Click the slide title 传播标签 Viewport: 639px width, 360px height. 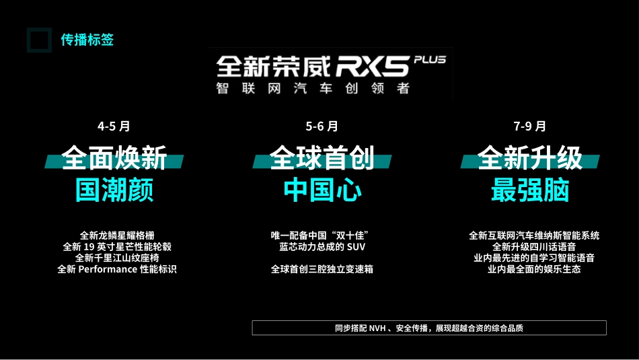[x=87, y=40]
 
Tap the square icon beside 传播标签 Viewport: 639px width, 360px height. [x=39, y=40]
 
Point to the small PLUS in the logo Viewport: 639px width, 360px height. [x=430, y=60]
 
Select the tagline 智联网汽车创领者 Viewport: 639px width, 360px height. [x=313, y=88]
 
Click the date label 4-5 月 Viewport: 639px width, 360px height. [x=114, y=126]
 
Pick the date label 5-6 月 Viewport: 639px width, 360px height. [x=322, y=126]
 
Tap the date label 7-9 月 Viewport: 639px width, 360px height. [x=529, y=126]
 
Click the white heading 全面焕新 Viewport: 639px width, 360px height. [x=114, y=159]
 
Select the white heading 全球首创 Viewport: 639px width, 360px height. [x=322, y=159]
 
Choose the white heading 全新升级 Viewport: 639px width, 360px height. [x=529, y=159]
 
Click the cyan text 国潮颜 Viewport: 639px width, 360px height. [x=114, y=190]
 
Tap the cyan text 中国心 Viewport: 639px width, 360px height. [x=322, y=190]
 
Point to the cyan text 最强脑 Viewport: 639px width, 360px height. [x=529, y=190]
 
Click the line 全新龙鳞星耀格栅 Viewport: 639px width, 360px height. [x=117, y=236]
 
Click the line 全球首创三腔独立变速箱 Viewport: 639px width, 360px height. [x=322, y=269]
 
